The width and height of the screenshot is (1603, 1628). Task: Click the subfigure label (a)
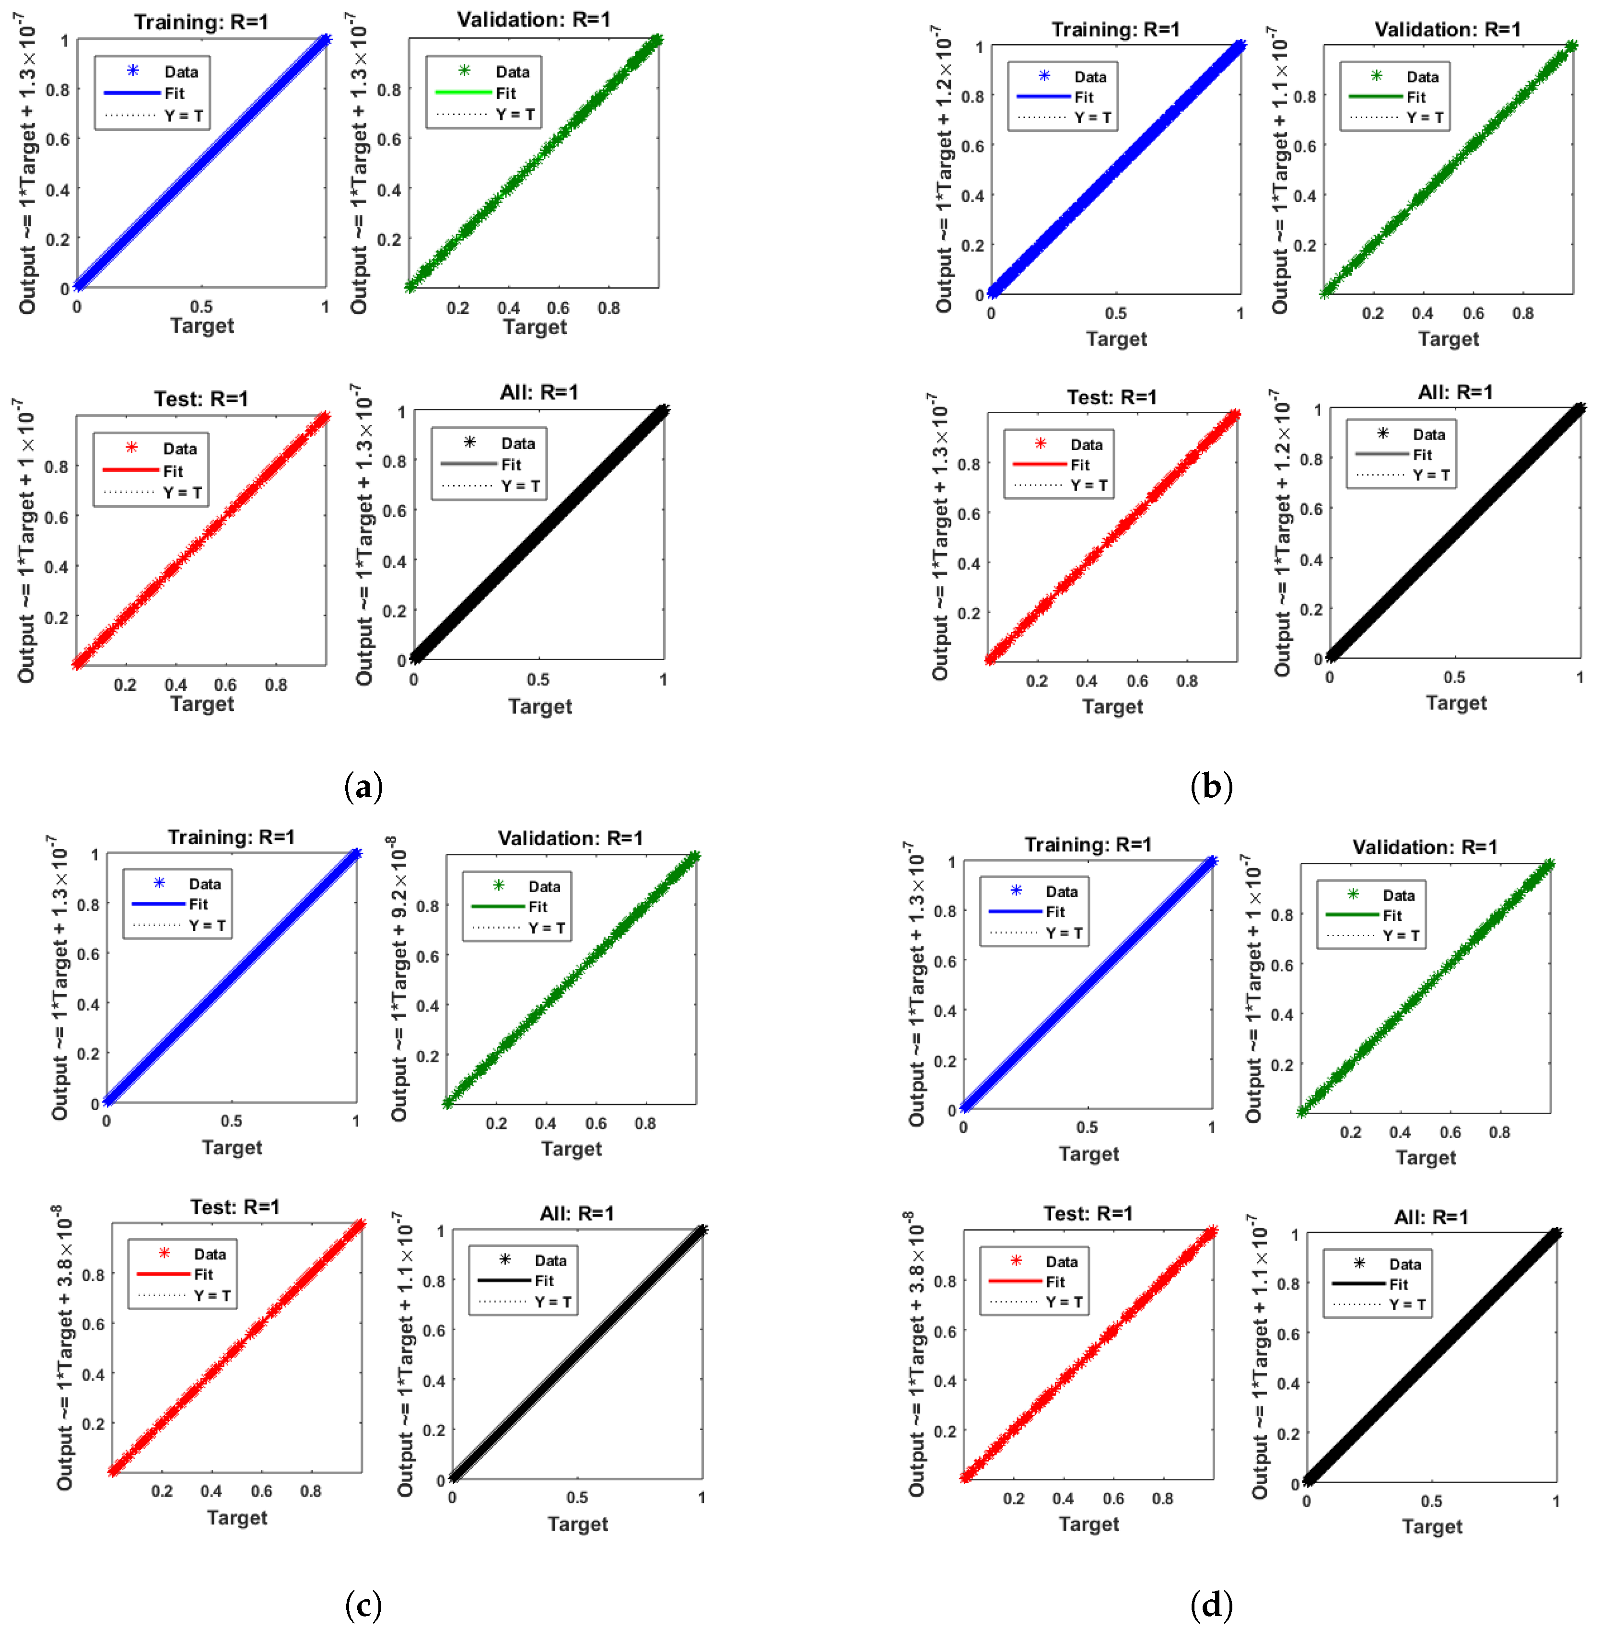point(363,787)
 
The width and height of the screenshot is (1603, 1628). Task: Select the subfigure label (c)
point(363,1605)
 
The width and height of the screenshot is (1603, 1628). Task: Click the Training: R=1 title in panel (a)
point(201,22)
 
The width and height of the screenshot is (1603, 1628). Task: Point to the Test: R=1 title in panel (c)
point(235,1207)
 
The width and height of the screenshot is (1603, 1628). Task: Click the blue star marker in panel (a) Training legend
point(132,70)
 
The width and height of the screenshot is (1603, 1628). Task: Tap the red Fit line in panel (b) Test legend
point(1039,465)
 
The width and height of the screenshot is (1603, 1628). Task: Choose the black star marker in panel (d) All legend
point(1359,1264)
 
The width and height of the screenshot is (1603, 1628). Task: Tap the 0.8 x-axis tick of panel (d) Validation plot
point(1499,1132)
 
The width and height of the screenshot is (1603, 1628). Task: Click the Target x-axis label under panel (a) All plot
point(539,706)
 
